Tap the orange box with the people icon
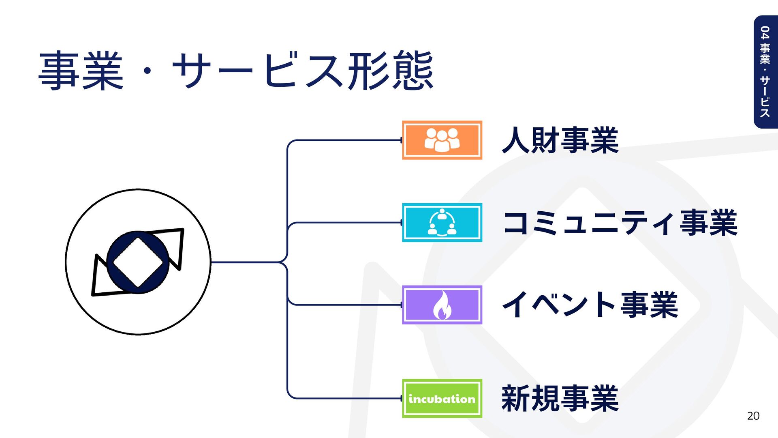(442, 140)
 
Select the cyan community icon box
(442, 223)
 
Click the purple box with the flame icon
(442, 305)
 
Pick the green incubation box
(442, 398)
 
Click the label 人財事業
(560, 140)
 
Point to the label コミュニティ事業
(620, 223)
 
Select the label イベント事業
(590, 305)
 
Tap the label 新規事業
(560, 399)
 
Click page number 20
(753, 416)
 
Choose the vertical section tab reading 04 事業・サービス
(765, 72)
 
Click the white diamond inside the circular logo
(138, 262)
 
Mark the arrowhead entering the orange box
(401, 140)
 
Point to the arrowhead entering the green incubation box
(401, 398)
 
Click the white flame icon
(442, 305)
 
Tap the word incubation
(442, 399)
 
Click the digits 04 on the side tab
(765, 32)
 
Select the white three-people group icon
(442, 140)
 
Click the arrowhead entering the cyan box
(401, 223)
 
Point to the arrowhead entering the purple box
(401, 305)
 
